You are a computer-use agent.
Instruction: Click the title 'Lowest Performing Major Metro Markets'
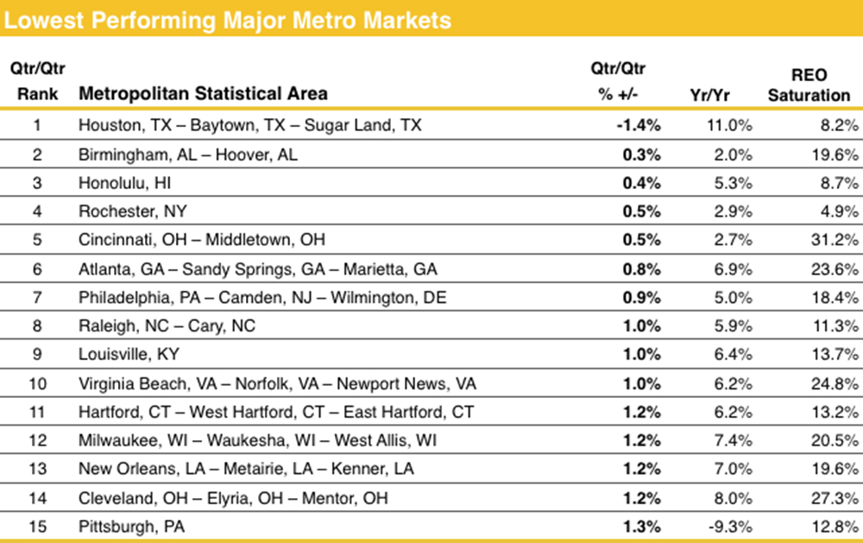[228, 19]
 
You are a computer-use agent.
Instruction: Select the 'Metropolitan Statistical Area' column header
[203, 93]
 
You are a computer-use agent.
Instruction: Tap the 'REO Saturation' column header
[809, 85]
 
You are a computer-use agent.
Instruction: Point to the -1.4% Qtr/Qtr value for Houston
[638, 125]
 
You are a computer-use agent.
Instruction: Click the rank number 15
[36, 525]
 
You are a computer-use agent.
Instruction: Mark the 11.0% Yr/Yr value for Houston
[731, 125]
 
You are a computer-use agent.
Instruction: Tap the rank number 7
[36, 297]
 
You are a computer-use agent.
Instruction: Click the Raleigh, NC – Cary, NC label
[167, 325]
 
